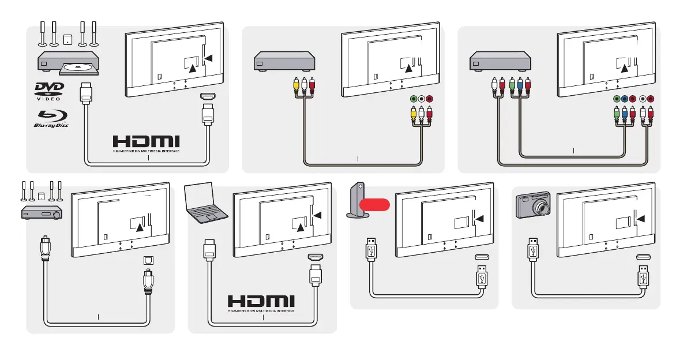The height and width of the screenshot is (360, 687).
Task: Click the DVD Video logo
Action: [49, 92]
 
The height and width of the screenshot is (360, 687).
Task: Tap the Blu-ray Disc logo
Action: [50, 118]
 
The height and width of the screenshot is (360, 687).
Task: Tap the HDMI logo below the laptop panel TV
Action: [261, 302]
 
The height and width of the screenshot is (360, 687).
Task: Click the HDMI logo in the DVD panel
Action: [146, 142]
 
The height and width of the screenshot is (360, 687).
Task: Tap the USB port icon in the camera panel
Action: [644, 258]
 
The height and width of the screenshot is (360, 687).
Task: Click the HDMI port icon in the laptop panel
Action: [315, 258]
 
